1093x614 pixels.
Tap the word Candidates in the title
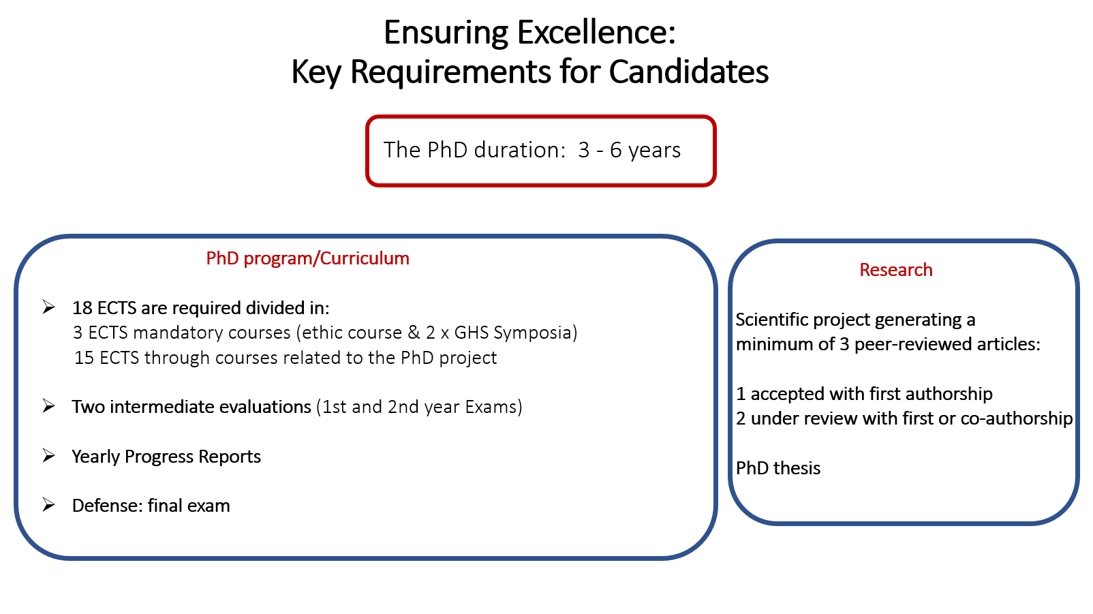[688, 72]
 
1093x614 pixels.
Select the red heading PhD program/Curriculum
[307, 258]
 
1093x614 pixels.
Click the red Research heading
[896, 269]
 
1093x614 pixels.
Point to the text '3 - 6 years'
[629, 151]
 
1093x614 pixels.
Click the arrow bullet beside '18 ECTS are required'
[49, 307]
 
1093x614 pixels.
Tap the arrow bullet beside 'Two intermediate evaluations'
[49, 405]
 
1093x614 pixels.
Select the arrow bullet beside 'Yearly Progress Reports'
[49, 455]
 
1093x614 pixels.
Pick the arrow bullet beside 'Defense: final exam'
[49, 504]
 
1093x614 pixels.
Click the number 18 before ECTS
[82, 308]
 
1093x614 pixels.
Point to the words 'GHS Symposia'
[516, 333]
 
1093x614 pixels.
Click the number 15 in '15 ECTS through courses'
[84, 358]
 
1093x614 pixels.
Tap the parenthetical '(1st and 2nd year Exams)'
[419, 407]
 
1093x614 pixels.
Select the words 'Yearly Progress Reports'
[166, 457]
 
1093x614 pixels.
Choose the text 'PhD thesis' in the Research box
[778, 468]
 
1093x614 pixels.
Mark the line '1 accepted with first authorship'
[864, 394]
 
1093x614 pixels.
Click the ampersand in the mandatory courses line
[414, 333]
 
